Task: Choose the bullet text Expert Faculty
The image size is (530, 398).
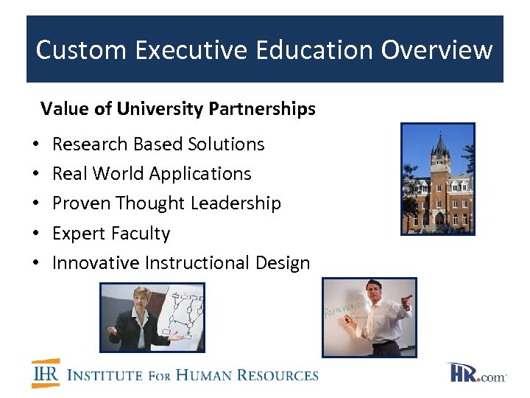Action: point(111,234)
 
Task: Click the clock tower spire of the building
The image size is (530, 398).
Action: point(440,147)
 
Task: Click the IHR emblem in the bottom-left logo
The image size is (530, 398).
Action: point(46,374)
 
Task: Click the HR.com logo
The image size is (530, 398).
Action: point(476,373)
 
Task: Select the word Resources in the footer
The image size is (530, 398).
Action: point(278,375)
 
